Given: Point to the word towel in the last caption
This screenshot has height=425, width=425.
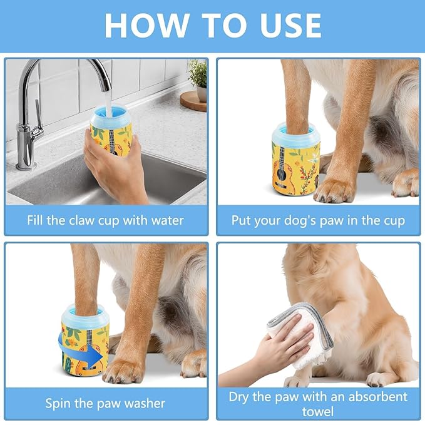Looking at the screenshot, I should click(318, 411).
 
